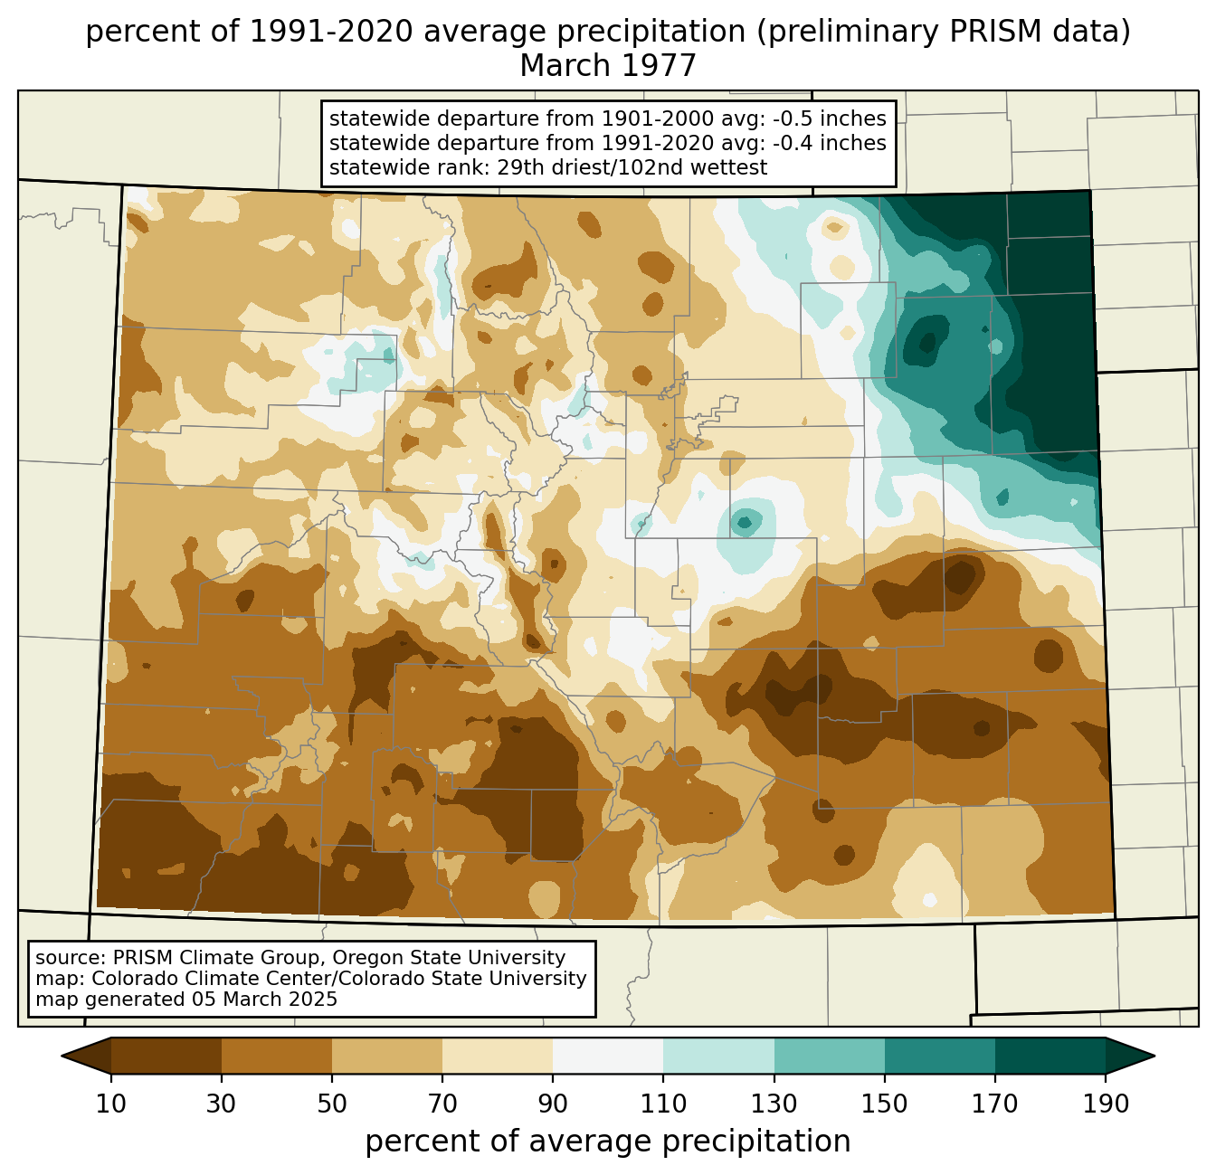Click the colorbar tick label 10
coord(110,1104)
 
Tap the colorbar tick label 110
coord(663,1104)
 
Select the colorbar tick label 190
coord(1106,1104)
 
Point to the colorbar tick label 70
coord(442,1104)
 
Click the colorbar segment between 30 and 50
coord(276,1057)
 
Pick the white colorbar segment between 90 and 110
coord(608,1057)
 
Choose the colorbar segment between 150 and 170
coord(939,1057)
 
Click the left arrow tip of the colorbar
coord(62,1057)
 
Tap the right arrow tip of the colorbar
coord(1154,1057)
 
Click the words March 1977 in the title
coord(608,66)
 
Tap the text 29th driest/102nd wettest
coord(632,167)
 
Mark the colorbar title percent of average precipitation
coord(608,1142)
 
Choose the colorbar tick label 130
coord(774,1104)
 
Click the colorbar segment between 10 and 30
coord(166,1057)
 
